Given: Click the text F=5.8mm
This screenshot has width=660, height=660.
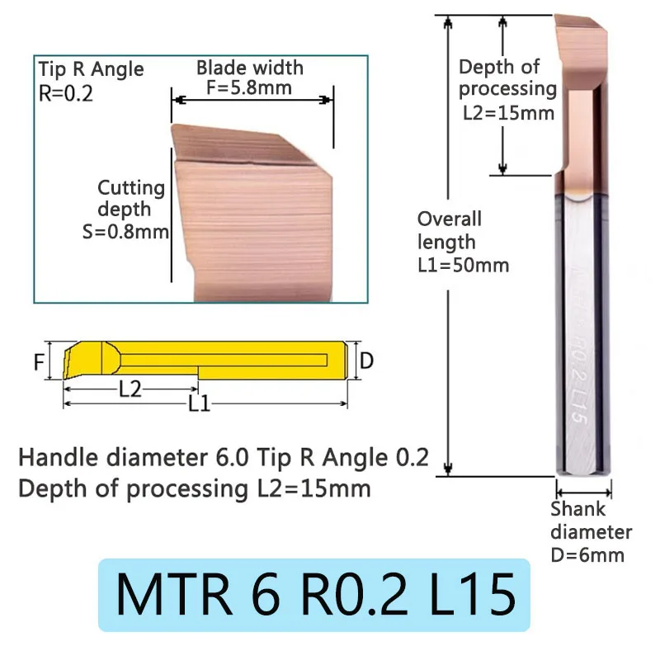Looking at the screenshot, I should click(250, 87).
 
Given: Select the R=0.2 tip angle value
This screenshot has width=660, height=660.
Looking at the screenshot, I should click(66, 93).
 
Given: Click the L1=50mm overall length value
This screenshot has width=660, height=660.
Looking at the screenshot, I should click(463, 265).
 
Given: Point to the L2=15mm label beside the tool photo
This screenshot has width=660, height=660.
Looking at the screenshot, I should click(507, 112).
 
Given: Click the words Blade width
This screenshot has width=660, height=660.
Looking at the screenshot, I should click(249, 68).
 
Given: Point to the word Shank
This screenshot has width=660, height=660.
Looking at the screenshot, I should click(577, 509).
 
